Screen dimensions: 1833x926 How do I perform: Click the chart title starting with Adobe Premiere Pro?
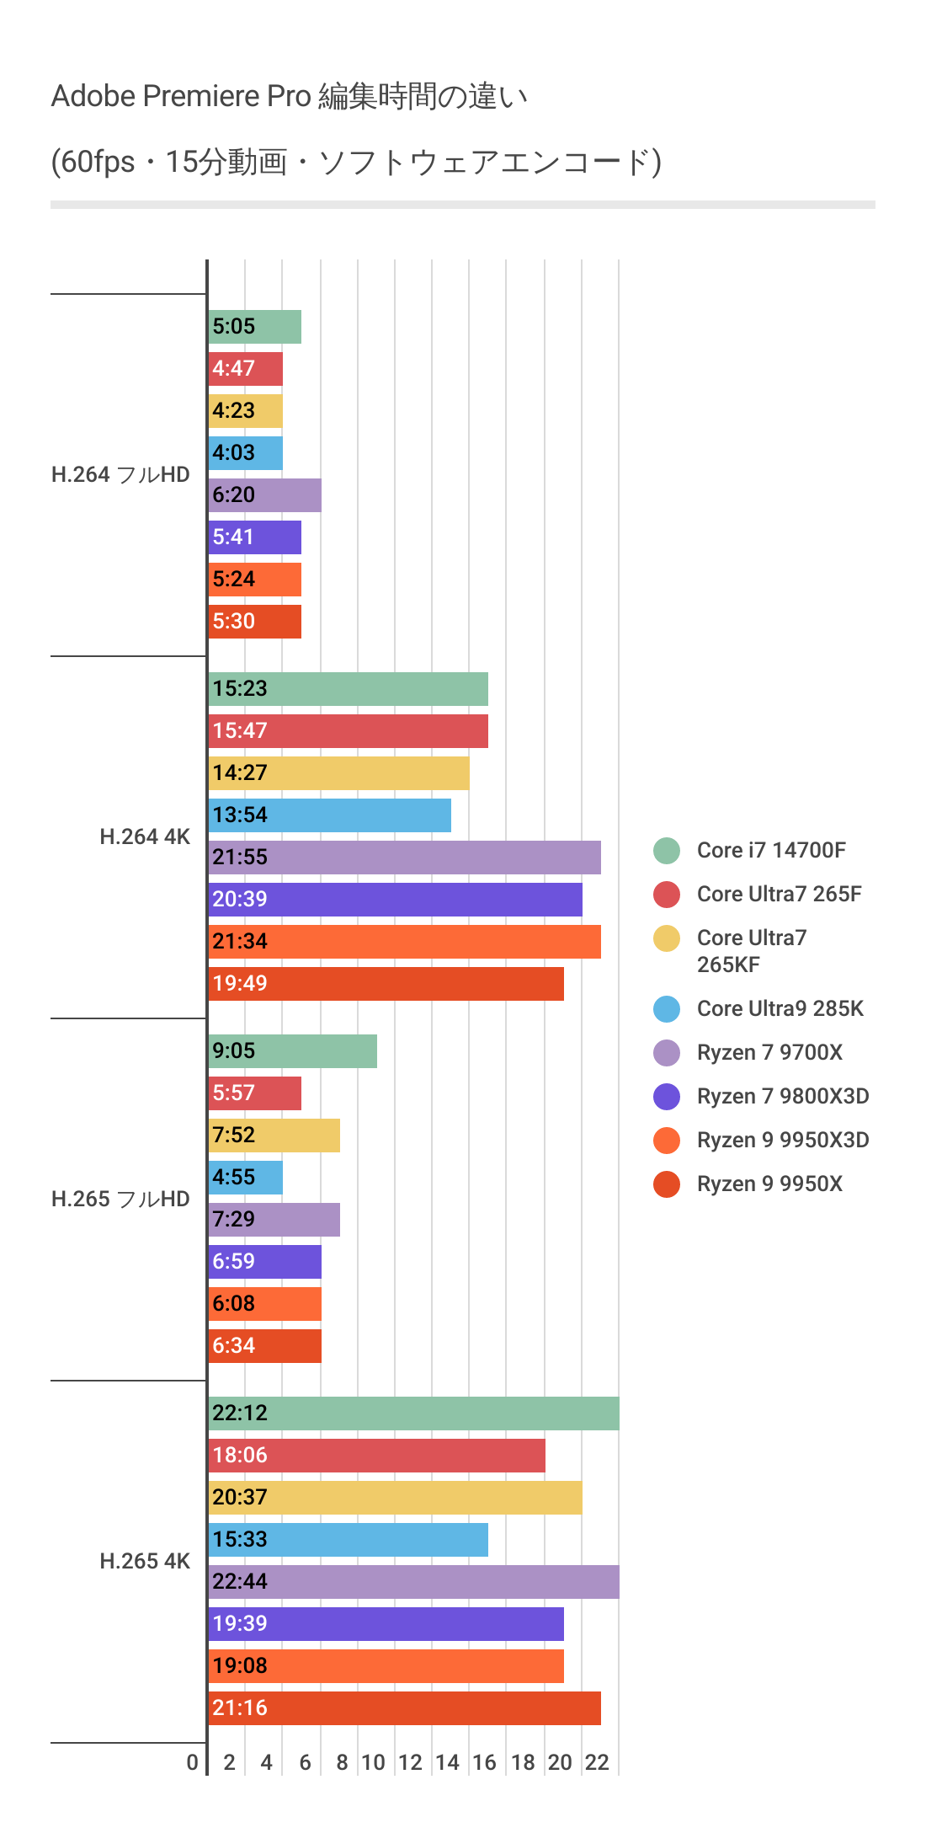pos(289,97)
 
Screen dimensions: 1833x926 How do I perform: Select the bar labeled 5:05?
pos(254,327)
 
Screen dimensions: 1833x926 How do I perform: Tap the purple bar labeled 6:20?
pos(264,495)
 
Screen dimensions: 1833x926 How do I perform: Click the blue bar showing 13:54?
pos(329,815)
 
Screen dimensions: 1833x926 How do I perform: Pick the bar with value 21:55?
pos(404,858)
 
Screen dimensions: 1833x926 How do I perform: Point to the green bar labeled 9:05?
pos(292,1051)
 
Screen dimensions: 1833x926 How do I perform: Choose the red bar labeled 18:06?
pos(376,1456)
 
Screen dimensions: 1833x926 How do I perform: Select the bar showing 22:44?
pos(413,1582)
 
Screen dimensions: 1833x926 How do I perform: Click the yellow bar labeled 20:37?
pos(395,1498)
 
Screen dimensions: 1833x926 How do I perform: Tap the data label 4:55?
pos(233,1178)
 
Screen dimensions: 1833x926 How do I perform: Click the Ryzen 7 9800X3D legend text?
pos(782,1097)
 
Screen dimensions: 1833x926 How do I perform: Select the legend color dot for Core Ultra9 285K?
pos(667,1009)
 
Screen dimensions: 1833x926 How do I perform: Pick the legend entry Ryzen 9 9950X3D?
pos(782,1141)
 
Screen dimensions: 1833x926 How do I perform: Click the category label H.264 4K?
pos(145,837)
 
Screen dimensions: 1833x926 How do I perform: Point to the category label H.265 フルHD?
pos(120,1200)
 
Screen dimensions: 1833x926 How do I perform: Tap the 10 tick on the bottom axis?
pos(373,1763)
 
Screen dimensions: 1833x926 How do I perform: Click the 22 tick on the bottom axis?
pos(597,1763)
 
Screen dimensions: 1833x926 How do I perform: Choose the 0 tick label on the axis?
pos(193,1763)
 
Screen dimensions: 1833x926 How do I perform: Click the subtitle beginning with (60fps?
pos(356,162)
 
